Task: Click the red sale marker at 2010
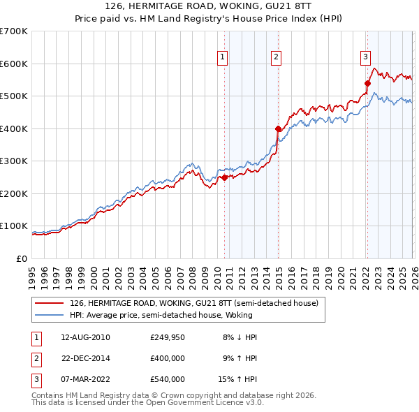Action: [x=224, y=178]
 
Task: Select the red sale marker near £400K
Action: [x=278, y=128]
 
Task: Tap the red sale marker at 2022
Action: [x=367, y=83]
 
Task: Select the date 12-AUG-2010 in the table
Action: [x=85, y=337]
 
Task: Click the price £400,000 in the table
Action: [x=168, y=358]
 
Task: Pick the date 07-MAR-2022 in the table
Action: [x=85, y=379]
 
